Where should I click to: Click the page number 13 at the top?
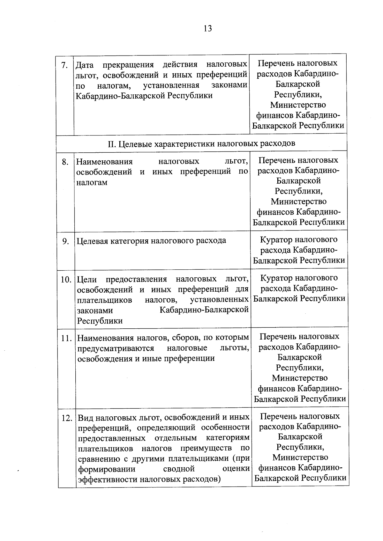(x=207, y=29)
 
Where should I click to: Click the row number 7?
(x=64, y=65)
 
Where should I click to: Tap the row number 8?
(x=65, y=162)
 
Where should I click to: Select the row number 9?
(x=66, y=242)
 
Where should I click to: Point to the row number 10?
(x=66, y=280)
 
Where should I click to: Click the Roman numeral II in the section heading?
(x=111, y=144)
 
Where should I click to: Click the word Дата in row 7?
(x=85, y=65)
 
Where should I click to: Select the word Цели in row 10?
(x=87, y=280)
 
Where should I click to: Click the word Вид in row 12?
(x=86, y=417)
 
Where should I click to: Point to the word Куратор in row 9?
(x=275, y=240)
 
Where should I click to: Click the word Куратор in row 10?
(x=276, y=278)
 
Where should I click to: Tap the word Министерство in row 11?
(x=300, y=378)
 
